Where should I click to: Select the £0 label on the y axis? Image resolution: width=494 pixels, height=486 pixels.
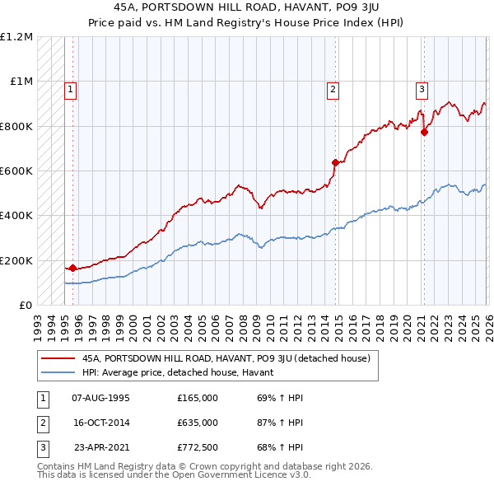coord(25,305)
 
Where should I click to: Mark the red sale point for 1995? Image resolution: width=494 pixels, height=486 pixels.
coord(72,268)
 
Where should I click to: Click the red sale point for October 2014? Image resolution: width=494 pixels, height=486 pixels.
coord(335,163)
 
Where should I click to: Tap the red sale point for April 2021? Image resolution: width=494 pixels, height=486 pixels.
coord(424,132)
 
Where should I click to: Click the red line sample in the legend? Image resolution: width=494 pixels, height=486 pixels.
coord(58,358)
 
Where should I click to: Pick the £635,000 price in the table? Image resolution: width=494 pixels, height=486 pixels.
coord(197,423)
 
